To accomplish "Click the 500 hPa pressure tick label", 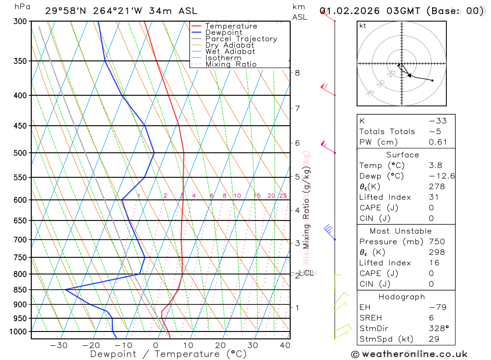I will coord(21,153).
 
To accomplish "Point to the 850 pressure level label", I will coord(21,290).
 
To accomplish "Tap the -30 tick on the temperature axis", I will coord(58,345).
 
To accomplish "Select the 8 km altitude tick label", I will coord(297,73).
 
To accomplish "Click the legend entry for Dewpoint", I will coord(223,32).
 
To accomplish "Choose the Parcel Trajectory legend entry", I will coord(241,39).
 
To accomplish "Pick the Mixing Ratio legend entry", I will coord(231,64).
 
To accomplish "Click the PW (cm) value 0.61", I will coord(438,142).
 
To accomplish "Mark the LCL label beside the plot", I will coord(306,273).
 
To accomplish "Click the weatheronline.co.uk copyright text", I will coord(409,354).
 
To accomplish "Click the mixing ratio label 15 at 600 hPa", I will coord(257,196).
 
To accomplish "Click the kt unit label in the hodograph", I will coord(363,26).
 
